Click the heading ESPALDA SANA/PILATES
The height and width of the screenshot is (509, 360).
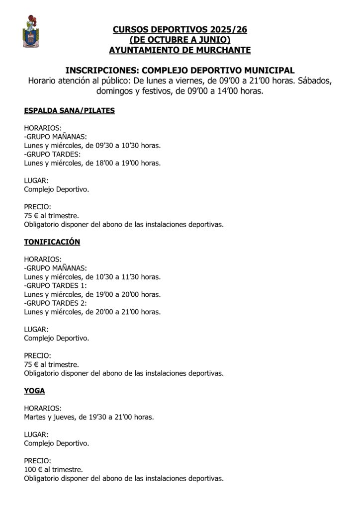69,111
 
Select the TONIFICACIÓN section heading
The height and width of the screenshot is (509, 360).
52,242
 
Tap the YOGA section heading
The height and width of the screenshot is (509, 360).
34,391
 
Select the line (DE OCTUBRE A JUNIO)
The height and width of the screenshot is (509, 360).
180,40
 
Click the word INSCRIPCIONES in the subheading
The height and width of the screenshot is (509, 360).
102,71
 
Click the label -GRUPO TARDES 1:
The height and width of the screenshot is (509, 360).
55,286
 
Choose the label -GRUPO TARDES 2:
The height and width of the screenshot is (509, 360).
55,303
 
